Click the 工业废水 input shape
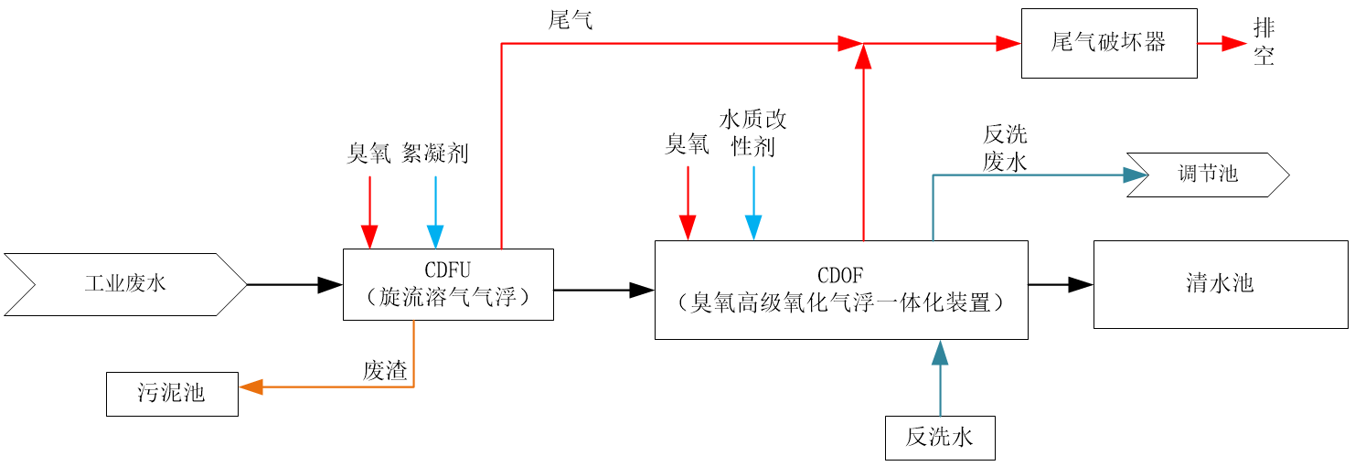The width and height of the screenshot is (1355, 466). [125, 284]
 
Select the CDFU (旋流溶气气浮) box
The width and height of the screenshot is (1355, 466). [448, 284]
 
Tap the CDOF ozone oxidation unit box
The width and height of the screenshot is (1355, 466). [841, 290]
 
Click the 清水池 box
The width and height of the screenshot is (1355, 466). [1220, 284]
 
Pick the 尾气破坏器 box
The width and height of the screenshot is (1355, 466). [1108, 43]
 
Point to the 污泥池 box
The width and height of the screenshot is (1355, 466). [172, 394]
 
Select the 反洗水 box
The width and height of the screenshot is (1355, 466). [939, 438]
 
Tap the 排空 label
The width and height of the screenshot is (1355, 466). [1264, 43]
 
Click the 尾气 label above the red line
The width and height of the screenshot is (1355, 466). [571, 20]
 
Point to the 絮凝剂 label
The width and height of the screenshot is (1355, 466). [435, 153]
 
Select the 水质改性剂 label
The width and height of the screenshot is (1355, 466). [753, 132]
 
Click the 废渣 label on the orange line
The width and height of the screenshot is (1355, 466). [385, 370]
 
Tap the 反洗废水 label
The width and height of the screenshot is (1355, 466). [1005, 148]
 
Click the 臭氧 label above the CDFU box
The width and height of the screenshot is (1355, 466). [368, 153]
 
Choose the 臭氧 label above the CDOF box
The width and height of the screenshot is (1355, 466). [687, 143]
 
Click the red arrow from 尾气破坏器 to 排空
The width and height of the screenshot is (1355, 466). [1222, 43]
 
